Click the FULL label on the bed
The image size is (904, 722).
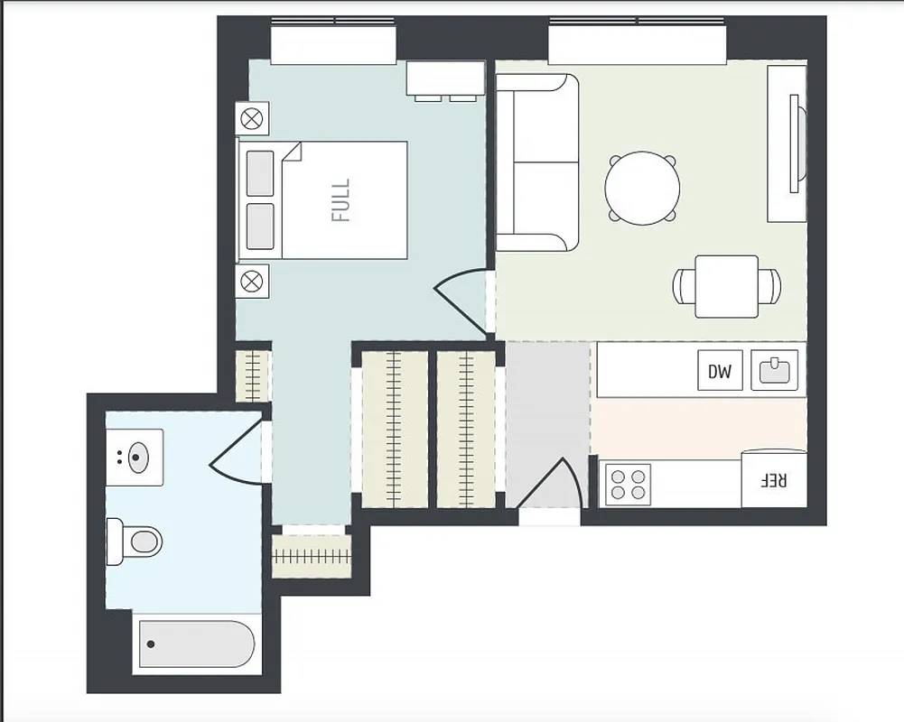pyautogui.click(x=340, y=200)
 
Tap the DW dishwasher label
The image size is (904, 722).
pyautogui.click(x=719, y=371)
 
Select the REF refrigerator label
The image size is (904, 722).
pyautogui.click(x=773, y=480)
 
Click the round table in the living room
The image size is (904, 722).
pyautogui.click(x=642, y=188)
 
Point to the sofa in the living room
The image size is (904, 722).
pyautogui.click(x=536, y=162)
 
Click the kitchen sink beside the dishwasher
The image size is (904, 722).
pyautogui.click(x=775, y=370)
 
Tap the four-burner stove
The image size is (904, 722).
pyautogui.click(x=628, y=483)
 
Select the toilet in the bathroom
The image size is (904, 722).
pyautogui.click(x=135, y=541)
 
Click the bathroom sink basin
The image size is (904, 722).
pyautogui.click(x=135, y=457)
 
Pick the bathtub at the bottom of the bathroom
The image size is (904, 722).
pyautogui.click(x=197, y=643)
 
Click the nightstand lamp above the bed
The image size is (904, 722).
pyautogui.click(x=252, y=117)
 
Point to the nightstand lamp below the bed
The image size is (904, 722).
pyautogui.click(x=252, y=281)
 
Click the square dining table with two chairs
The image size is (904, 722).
pyautogui.click(x=726, y=286)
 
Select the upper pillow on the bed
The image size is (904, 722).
pyautogui.click(x=260, y=172)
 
